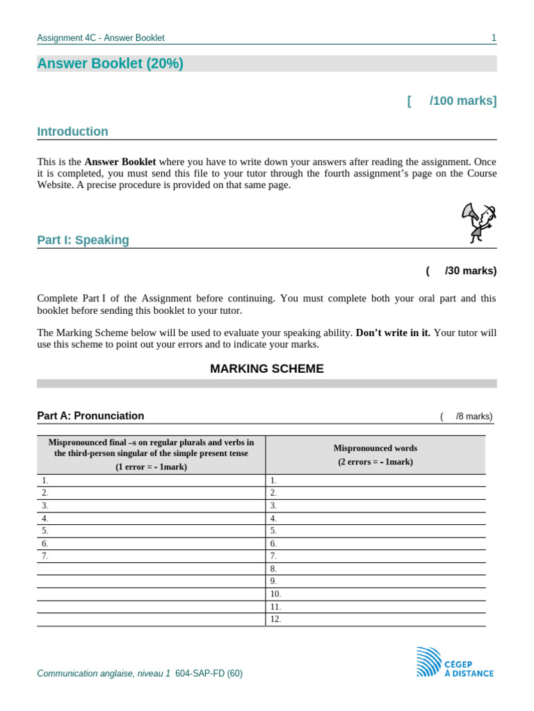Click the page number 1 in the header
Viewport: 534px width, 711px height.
point(494,38)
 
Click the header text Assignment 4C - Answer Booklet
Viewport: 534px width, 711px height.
point(101,38)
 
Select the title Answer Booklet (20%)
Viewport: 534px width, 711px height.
point(110,64)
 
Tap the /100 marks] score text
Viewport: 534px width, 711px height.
point(462,101)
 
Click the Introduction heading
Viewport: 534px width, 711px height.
point(72,132)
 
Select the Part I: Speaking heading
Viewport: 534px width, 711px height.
point(83,240)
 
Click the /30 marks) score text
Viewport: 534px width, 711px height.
point(470,271)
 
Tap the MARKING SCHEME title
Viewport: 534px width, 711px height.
point(266,369)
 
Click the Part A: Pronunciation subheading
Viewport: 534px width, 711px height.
point(90,416)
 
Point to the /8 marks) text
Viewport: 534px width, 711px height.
point(473,417)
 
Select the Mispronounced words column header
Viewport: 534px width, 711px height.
point(375,455)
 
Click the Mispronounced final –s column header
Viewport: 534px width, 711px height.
point(151,455)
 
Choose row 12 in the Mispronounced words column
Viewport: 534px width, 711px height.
point(375,619)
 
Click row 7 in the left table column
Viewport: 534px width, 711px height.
point(151,556)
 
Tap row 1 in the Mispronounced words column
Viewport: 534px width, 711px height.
point(375,480)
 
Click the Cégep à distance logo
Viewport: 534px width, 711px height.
point(455,662)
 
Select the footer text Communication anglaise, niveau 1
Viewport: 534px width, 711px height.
point(103,674)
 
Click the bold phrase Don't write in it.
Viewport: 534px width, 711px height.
point(393,333)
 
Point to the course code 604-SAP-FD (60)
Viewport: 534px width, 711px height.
point(209,674)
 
